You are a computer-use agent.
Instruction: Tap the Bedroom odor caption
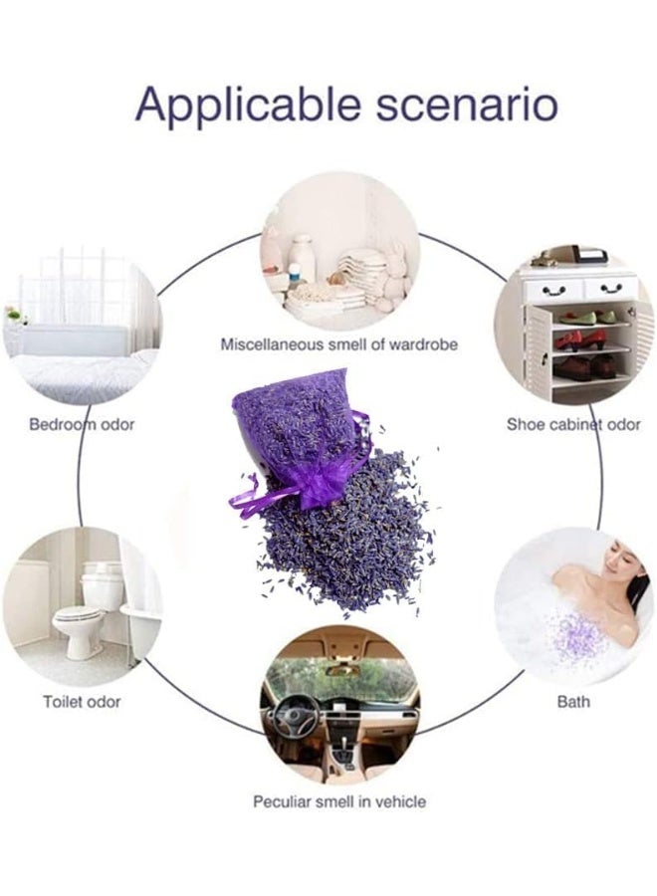click(x=82, y=424)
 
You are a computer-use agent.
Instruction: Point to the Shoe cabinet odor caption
click(x=573, y=424)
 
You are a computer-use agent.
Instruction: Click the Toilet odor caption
click(x=82, y=702)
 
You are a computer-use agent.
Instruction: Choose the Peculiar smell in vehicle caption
click(x=339, y=801)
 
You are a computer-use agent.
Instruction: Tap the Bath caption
click(x=573, y=702)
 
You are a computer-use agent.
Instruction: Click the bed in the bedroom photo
click(x=75, y=368)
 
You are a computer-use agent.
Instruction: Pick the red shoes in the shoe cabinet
click(x=569, y=341)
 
